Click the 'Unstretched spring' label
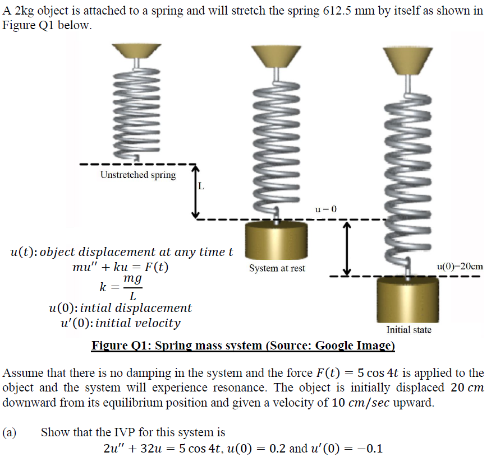click(137, 175)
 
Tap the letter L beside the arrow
click(201, 186)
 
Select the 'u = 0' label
click(325, 209)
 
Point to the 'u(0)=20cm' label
click(459, 267)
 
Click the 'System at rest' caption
click(277, 268)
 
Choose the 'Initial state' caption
click(409, 330)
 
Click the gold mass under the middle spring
click(277, 240)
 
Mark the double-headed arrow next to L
click(195, 192)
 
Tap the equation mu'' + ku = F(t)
click(120, 267)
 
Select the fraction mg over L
click(132, 286)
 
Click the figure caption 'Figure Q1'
click(243, 345)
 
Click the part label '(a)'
click(10, 432)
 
